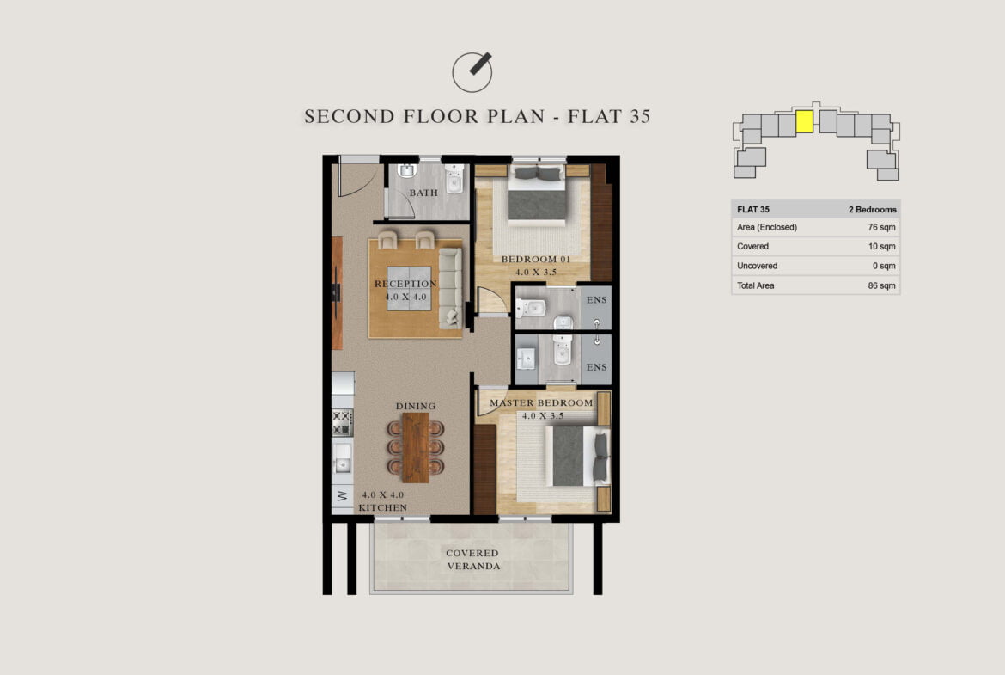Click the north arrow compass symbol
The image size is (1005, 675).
[472, 72]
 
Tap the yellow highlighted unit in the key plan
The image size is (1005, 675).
[804, 121]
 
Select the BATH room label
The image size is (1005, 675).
[423, 193]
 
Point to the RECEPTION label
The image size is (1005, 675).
[405, 284]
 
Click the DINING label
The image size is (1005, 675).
[416, 406]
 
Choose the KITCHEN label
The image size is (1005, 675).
[382, 507]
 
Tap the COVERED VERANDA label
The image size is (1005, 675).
[473, 560]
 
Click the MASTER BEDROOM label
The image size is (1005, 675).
[542, 403]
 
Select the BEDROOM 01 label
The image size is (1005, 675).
[536, 259]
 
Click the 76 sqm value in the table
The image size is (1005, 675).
[881, 227]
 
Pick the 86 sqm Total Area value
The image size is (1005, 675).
[881, 285]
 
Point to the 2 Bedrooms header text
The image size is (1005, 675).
[873, 209]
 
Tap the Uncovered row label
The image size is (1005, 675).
[757, 266]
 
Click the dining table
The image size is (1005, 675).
[416, 447]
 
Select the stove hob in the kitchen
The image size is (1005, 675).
[342, 422]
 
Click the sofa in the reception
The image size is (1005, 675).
[450, 288]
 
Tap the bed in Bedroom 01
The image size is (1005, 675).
[537, 194]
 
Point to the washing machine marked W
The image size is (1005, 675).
[342, 496]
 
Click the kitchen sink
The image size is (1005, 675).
[342, 457]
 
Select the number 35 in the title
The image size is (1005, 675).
[640, 116]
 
